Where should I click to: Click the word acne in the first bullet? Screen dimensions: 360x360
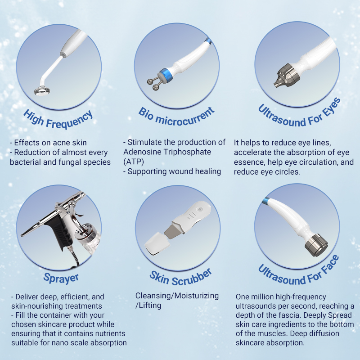point(59,143)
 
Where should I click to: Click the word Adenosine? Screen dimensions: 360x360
point(141,152)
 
